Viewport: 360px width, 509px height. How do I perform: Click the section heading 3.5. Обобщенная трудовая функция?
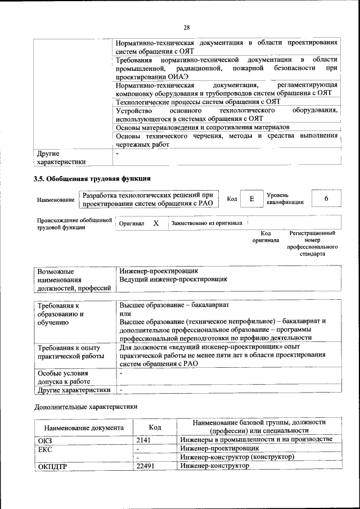92,179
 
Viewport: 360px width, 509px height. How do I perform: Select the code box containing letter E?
252,199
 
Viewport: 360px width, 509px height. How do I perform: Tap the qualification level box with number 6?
326,199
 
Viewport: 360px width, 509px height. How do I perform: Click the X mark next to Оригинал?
156,223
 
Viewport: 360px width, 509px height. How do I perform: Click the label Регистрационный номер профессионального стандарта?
312,243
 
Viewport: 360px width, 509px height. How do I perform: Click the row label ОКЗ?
45,440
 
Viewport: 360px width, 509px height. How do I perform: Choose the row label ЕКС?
44,449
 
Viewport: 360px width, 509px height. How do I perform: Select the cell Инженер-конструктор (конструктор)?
237,457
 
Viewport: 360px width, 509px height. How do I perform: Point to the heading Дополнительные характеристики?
85,406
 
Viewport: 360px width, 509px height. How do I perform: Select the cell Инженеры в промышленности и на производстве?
256,439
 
